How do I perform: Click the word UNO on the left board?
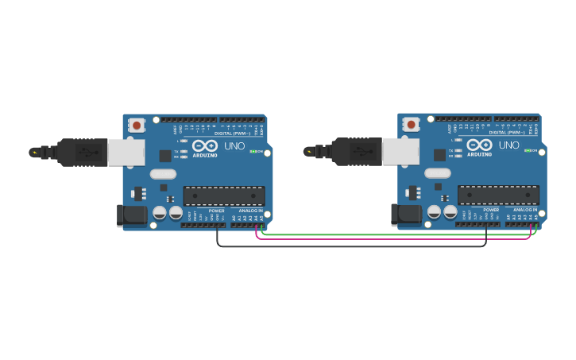(234, 146)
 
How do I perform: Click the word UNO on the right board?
(508, 145)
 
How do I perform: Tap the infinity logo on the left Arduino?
(204, 145)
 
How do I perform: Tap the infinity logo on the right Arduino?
(479, 145)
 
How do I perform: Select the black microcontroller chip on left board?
(224, 195)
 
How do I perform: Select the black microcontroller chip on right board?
(498, 195)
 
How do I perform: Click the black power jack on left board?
(131, 215)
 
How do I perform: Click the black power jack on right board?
(405, 214)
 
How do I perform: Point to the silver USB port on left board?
(126, 152)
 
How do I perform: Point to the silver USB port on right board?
(400, 151)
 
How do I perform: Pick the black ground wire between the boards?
(350, 246)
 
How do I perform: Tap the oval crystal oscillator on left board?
(162, 174)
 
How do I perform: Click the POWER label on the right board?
(491, 210)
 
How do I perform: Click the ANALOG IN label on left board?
(250, 211)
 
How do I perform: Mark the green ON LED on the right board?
(527, 150)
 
